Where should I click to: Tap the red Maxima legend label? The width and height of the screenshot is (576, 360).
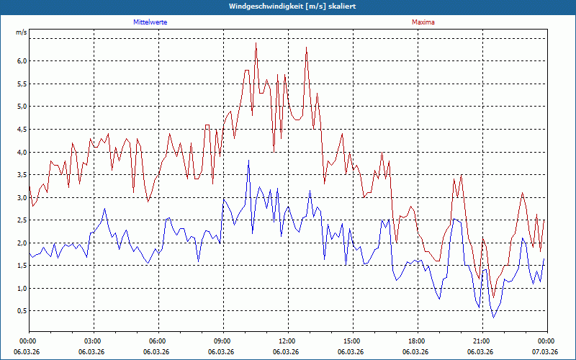pyautogui.click(x=423, y=22)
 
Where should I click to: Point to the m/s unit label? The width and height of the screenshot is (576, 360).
pyautogui.click(x=22, y=33)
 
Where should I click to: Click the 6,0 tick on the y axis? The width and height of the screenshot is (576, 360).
pyautogui.click(x=22, y=61)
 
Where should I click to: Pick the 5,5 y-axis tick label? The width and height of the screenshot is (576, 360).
pyautogui.click(x=22, y=84)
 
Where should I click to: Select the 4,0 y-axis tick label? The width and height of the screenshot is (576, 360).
pyautogui.click(x=22, y=153)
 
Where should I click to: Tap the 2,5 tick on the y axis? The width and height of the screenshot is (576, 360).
pyautogui.click(x=22, y=220)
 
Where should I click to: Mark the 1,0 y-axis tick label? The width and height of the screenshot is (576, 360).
pyautogui.click(x=22, y=289)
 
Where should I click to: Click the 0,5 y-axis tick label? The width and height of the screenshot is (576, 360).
pyautogui.click(x=22, y=311)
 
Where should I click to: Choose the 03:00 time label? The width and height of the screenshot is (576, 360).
pyautogui.click(x=93, y=341)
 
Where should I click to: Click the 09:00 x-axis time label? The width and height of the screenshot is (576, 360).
pyautogui.click(x=222, y=341)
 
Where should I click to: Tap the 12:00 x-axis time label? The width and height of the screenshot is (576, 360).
pyautogui.click(x=287, y=341)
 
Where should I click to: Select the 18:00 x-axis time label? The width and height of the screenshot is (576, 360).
pyautogui.click(x=417, y=341)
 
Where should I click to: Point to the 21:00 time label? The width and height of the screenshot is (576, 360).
pyautogui.click(x=482, y=341)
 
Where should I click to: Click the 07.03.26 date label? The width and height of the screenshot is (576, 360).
pyautogui.click(x=546, y=351)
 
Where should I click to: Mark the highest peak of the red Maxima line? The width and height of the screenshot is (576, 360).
pyautogui.click(x=256, y=43)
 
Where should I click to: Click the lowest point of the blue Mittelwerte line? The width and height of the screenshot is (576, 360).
pyautogui.click(x=493, y=318)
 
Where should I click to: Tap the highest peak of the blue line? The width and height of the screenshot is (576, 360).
pyautogui.click(x=248, y=161)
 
